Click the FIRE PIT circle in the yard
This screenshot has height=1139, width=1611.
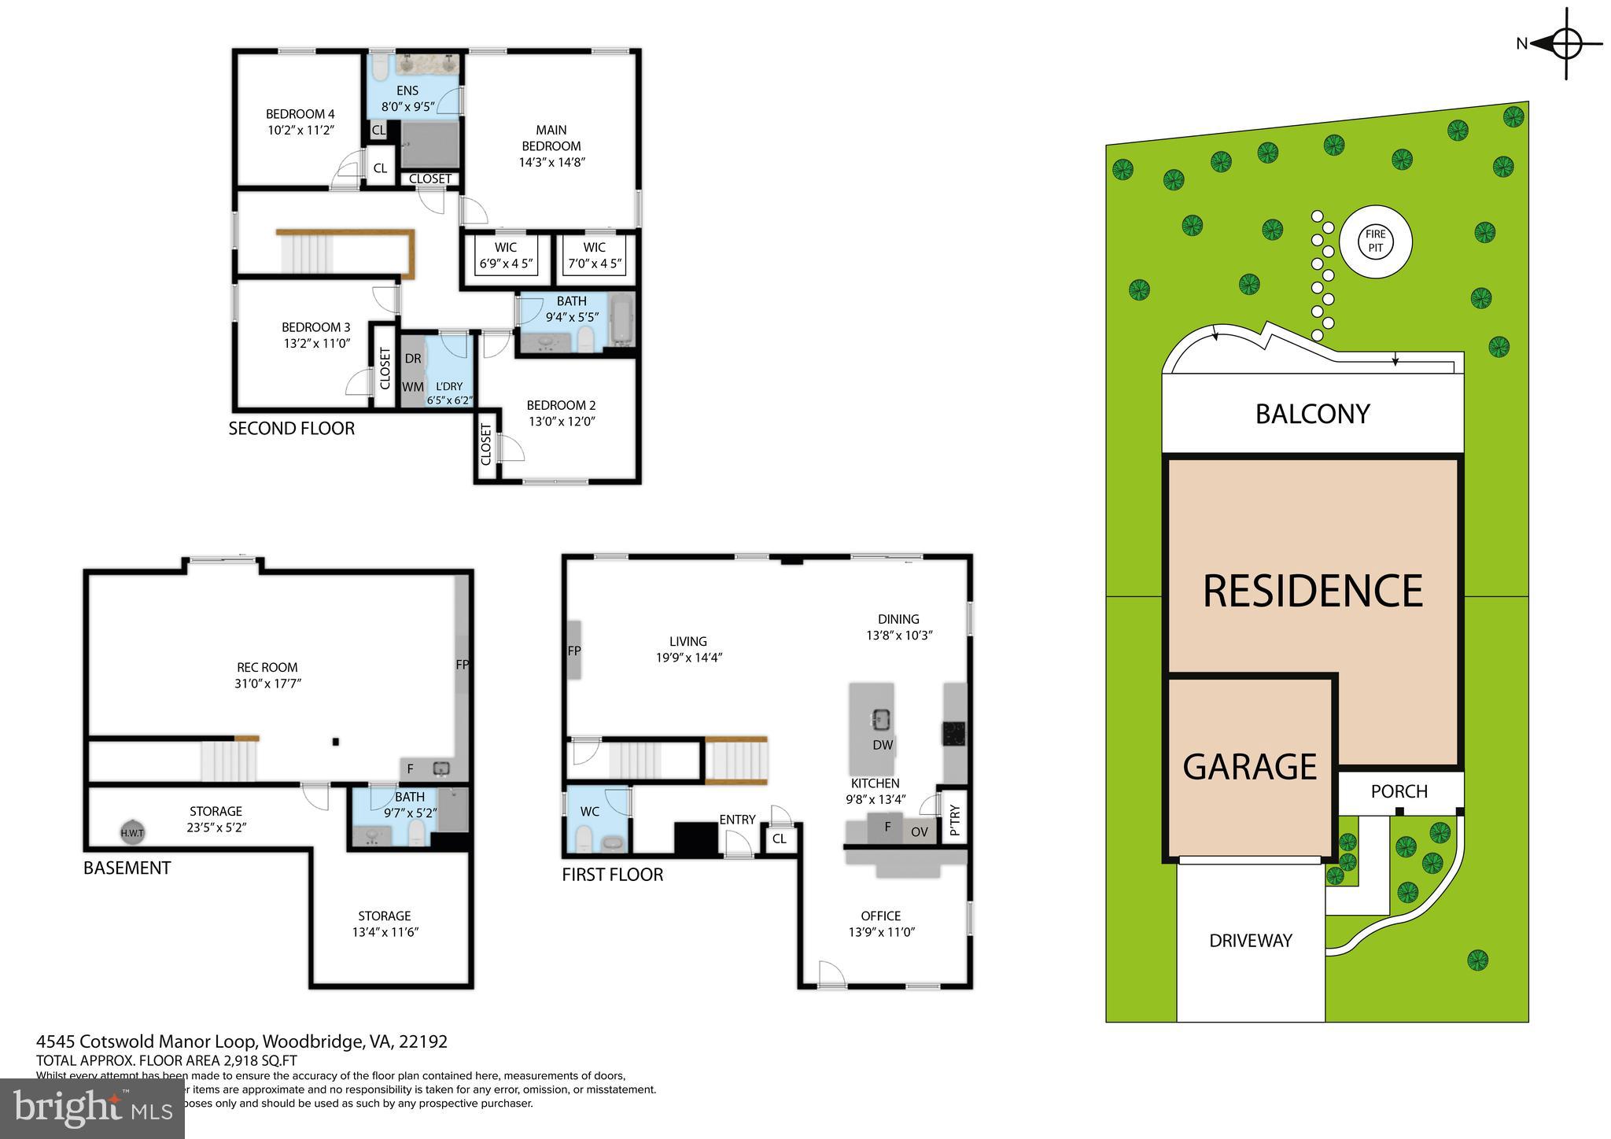[1375, 241]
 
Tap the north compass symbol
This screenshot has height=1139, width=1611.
[1565, 44]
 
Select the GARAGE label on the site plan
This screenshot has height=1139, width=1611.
[1249, 767]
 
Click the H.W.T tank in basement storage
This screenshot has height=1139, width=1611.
[132, 832]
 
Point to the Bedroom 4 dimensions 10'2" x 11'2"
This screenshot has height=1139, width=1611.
[300, 130]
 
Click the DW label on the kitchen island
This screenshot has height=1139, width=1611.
[883, 745]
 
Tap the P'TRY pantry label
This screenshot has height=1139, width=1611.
[954, 820]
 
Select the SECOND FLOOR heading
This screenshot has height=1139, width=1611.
[291, 429]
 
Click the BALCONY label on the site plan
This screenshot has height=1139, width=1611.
[1312, 414]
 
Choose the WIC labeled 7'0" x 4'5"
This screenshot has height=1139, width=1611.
[595, 256]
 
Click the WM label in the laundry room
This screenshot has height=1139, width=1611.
[413, 387]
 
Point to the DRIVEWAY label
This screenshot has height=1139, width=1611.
[1250, 941]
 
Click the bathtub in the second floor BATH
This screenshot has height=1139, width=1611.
[621, 320]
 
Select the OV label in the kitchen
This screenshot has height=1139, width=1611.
[919, 831]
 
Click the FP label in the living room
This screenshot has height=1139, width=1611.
[574, 651]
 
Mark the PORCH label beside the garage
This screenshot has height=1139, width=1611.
[1399, 791]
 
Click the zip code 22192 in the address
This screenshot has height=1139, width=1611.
[423, 1041]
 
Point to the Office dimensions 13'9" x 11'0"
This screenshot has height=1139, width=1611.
[881, 932]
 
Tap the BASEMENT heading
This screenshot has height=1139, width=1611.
[127, 868]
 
